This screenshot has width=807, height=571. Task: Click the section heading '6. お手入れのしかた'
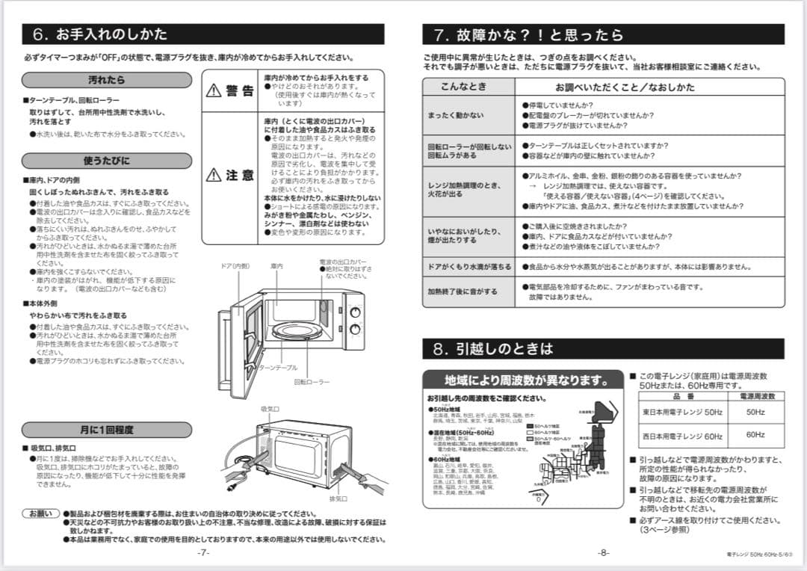click(100, 34)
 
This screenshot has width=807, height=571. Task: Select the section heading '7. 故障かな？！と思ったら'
click(528, 34)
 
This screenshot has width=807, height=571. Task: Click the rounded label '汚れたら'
click(107, 80)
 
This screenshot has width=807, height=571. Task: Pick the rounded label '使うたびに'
click(107, 161)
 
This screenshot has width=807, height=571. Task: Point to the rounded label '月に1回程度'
click(107, 430)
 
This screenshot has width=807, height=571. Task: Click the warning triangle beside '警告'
click(214, 91)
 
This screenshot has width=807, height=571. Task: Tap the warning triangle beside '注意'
click(214, 176)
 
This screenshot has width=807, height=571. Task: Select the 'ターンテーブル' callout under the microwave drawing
click(278, 368)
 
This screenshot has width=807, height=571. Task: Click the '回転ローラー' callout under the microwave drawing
click(312, 382)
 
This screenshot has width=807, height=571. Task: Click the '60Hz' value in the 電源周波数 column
click(755, 435)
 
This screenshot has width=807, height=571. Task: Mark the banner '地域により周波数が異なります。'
click(523, 380)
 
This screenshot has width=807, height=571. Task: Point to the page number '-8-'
click(603, 553)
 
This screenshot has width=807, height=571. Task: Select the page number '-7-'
click(203, 553)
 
